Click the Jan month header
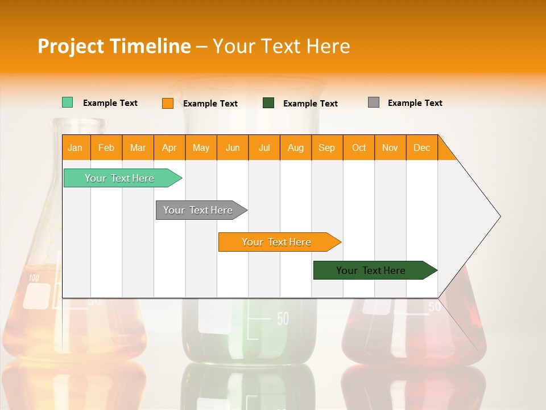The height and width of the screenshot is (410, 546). pos(76,147)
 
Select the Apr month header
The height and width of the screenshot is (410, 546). pos(169,147)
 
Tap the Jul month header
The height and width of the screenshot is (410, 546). pos(264,147)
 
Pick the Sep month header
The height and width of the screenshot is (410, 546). pos(326,147)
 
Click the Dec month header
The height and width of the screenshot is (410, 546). pos(421,147)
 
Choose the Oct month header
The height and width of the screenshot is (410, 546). pos(358,147)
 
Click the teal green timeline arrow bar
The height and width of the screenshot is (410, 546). pos(120,178)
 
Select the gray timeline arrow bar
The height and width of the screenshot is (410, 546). pos(198,210)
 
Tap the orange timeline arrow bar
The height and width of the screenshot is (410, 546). pos(277,242)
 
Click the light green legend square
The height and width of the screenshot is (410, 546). pos(67,102)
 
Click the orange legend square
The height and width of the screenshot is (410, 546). pos(167,103)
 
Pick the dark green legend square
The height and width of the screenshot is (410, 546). pos(268,102)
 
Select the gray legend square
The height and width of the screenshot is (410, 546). pos(373,102)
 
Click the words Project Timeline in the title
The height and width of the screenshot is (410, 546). pos(114,46)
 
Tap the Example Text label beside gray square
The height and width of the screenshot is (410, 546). pos(415,103)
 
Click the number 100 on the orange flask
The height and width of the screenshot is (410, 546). pos(34,278)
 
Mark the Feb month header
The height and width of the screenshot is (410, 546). pos(106,147)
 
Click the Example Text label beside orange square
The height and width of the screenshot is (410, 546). pos(210,104)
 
